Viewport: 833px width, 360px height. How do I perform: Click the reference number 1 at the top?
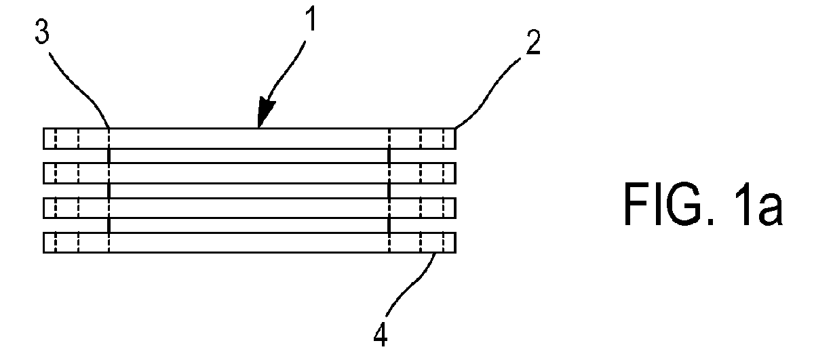click(311, 19)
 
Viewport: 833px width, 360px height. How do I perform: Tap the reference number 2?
click(533, 43)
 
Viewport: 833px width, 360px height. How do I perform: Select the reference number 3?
click(42, 32)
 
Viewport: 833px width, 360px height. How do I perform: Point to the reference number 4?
click(381, 334)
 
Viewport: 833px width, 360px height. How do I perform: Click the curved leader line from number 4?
click(413, 282)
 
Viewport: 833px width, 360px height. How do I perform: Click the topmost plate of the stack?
click(250, 138)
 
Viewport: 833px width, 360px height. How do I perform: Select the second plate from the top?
click(250, 173)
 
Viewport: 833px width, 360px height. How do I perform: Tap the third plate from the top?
click(250, 207)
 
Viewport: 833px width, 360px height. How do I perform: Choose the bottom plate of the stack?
click(250, 242)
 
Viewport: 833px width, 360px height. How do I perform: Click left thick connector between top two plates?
click(109, 156)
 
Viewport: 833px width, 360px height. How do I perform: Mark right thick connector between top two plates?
click(389, 156)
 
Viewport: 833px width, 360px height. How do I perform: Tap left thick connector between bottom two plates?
click(109, 225)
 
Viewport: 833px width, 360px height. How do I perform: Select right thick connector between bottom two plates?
click(389, 225)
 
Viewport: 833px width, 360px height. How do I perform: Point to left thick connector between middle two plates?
click(109, 191)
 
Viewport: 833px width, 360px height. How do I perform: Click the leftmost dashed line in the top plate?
click(56, 138)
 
